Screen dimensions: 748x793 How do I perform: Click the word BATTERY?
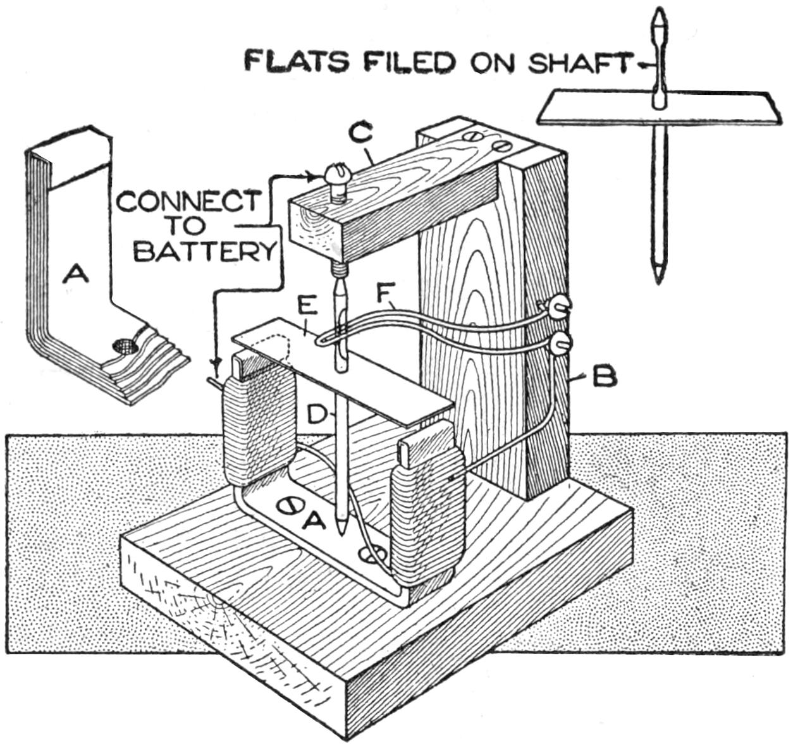[x=206, y=251]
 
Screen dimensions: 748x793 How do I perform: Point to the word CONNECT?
[x=188, y=202]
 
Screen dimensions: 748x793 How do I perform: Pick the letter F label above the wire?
[x=383, y=294]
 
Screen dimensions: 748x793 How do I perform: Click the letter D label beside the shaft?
[x=317, y=415]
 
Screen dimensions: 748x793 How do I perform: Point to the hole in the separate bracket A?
[x=123, y=345]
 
